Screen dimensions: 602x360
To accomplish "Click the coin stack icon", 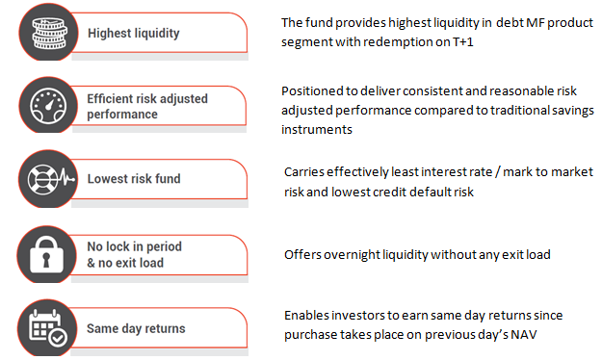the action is (45, 32).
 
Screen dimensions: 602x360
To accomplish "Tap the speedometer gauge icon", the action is (45, 105).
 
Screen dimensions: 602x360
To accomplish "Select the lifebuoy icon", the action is (45, 179).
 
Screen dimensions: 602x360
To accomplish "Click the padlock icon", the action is (45, 254).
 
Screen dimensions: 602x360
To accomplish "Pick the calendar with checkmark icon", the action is (45, 327).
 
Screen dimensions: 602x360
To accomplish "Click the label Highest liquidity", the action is (133, 33).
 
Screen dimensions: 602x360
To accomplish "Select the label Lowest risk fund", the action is (134, 179).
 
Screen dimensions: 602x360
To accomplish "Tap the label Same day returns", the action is (136, 328).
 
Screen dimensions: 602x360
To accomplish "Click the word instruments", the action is (317, 129).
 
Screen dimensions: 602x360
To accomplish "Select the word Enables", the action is (306, 316).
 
